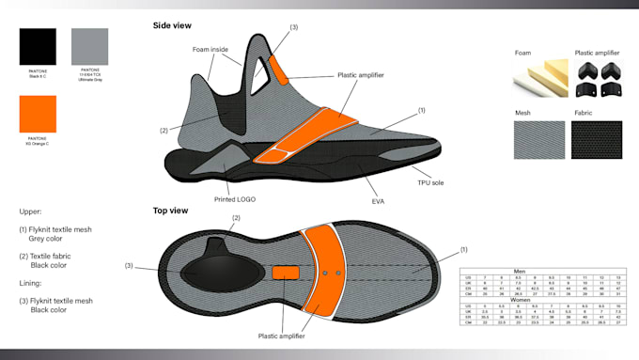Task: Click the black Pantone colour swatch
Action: [x=38, y=46]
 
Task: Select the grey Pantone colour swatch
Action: [x=90, y=46]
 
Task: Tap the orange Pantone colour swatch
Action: [x=38, y=114]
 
